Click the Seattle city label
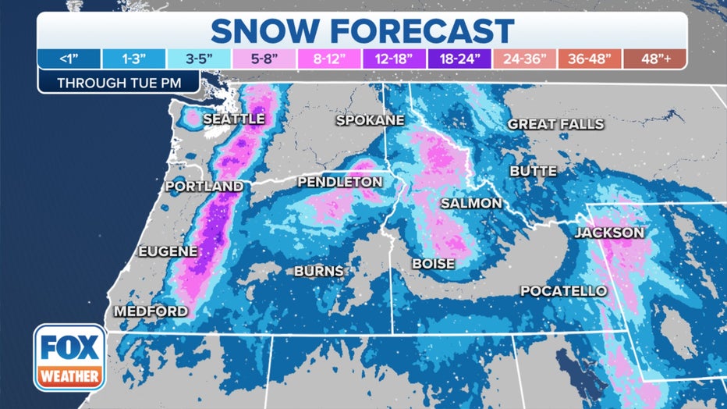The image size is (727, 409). (234, 119)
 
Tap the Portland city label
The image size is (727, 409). (204, 187)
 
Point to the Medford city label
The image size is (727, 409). (151, 311)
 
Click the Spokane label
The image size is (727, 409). (370, 120)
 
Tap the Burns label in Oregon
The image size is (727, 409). (318, 272)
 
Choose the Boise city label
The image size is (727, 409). (433, 264)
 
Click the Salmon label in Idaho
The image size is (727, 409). (470, 203)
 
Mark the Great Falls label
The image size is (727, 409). (555, 124)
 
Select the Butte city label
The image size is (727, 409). (533, 171)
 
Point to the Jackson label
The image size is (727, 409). (609, 233)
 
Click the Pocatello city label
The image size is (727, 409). (563, 291)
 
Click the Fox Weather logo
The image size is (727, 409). (69, 357)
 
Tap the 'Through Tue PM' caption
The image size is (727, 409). (118, 82)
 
